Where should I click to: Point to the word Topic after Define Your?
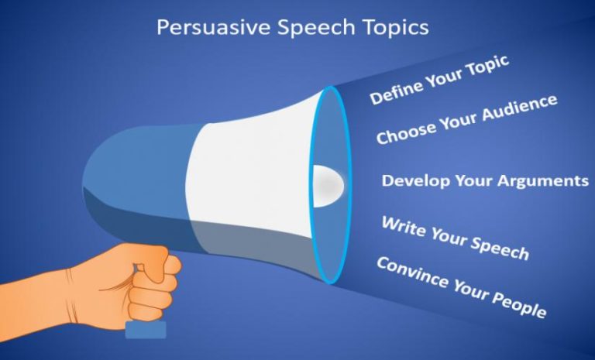487,67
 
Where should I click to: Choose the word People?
518,304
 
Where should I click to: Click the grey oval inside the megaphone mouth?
328,183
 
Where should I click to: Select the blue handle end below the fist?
146,329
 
